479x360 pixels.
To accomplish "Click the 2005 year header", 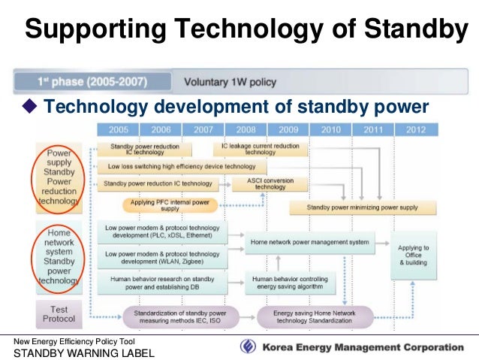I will pyautogui.click(x=119, y=129).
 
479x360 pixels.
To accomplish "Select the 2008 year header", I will pyautogui.click(x=246, y=129).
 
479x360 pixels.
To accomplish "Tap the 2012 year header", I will pyautogui.click(x=414, y=129).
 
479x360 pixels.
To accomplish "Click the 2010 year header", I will pyautogui.click(x=330, y=129).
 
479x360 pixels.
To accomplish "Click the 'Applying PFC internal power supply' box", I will pyautogui.click(x=170, y=205).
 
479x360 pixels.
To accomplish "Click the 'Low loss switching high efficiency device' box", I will pyautogui.click(x=181, y=166).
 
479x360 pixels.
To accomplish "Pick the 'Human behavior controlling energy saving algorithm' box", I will pyautogui.click(x=292, y=283).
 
